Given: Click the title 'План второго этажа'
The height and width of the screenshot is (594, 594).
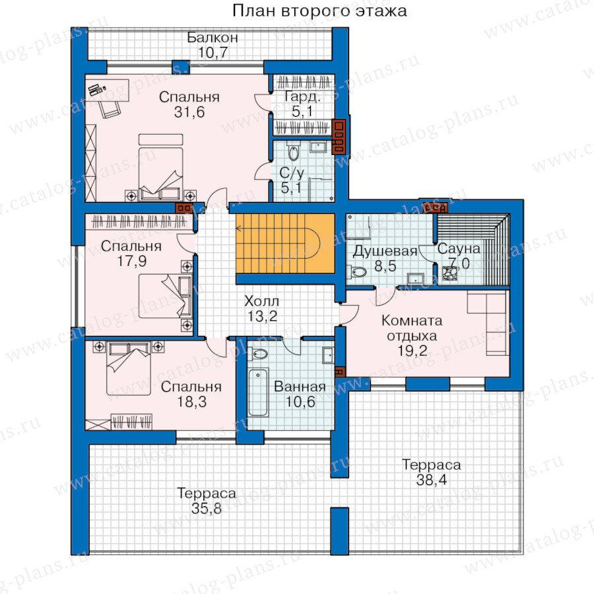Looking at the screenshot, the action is [x=319, y=11].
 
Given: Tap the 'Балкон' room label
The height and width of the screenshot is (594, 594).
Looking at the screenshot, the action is [x=213, y=38].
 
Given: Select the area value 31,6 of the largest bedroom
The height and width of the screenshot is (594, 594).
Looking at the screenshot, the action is [x=189, y=112].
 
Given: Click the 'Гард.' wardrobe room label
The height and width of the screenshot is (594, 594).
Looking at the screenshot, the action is [x=303, y=97].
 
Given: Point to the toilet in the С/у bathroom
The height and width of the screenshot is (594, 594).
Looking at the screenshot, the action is [x=293, y=152].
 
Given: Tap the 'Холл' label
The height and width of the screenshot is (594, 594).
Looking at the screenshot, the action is [x=261, y=301].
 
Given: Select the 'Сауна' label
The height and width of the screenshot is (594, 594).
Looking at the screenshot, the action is [x=459, y=249].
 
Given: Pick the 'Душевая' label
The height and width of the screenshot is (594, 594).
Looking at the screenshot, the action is [x=385, y=251].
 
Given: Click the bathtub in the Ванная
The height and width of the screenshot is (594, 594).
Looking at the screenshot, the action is [x=258, y=393].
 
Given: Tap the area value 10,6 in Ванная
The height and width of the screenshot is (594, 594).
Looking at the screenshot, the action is [x=300, y=401].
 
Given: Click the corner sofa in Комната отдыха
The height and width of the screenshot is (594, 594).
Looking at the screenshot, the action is [x=488, y=322].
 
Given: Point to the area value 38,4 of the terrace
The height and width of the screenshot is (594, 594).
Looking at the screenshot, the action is [x=432, y=480].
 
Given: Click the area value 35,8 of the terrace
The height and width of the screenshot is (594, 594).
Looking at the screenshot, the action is [x=206, y=508].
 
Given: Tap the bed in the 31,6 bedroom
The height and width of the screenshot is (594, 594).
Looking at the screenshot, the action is [x=160, y=167].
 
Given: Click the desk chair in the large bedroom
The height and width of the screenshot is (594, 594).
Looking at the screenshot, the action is [x=110, y=110].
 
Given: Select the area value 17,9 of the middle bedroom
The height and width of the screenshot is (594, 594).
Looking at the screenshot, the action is [x=131, y=261].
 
